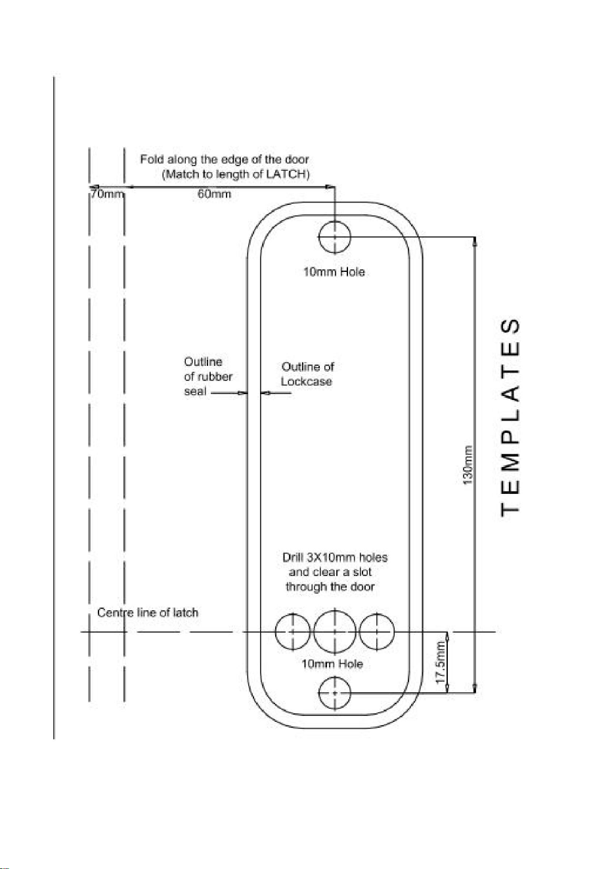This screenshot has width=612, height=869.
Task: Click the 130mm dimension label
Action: coord(468,465)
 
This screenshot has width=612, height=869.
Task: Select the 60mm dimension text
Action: coord(214,194)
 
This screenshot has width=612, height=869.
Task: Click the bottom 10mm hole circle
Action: coord(335,693)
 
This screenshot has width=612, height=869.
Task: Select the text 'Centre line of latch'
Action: coord(148,613)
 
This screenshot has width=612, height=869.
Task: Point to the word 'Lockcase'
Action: coord(307,382)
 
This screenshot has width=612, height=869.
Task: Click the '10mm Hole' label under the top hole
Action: coord(334,272)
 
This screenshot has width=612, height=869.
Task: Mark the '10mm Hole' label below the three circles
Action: coord(332,664)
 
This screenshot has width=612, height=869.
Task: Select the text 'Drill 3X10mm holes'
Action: coord(335,558)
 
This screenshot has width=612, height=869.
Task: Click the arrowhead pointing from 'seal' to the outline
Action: coord(243,393)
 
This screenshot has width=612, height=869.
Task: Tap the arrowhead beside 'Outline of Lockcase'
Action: coord(265,393)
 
